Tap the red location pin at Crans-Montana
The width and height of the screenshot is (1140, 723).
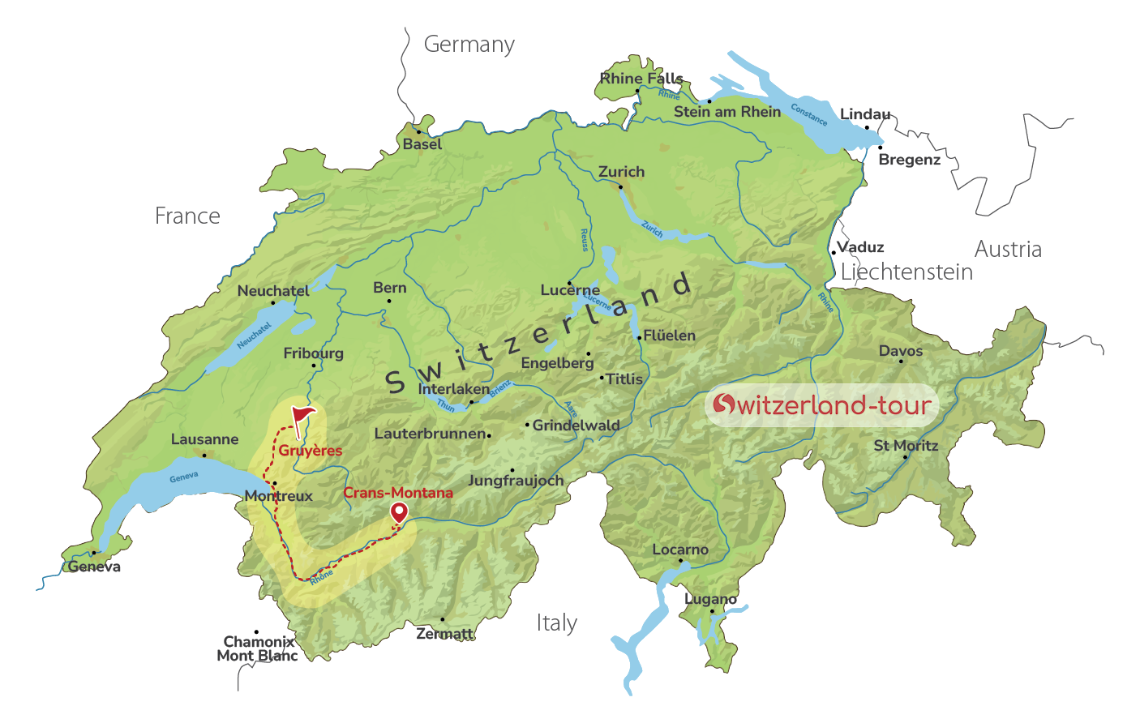point(399,512)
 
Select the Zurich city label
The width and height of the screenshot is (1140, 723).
point(621,172)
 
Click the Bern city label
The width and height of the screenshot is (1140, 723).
point(389,288)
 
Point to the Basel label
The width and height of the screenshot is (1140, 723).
point(422,144)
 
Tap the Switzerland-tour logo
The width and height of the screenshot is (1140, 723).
point(821,404)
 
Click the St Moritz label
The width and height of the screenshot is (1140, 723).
point(906,445)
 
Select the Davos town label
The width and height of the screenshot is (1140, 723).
point(900,351)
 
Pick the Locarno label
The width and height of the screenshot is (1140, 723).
point(680,550)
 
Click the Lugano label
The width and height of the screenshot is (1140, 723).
point(710,599)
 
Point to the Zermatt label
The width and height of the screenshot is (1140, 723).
point(444,633)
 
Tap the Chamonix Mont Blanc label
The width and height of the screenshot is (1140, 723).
point(258,648)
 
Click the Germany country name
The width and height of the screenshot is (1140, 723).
point(469,44)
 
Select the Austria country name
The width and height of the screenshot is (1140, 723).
point(1008,249)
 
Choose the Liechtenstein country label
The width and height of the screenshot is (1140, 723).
point(906,272)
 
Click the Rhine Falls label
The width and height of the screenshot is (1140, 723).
point(641,78)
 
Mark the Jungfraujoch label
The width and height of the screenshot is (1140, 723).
point(516,481)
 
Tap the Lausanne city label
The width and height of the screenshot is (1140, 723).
point(204,439)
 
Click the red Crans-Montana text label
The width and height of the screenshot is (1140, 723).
point(398,492)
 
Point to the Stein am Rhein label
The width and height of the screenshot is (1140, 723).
point(727,112)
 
